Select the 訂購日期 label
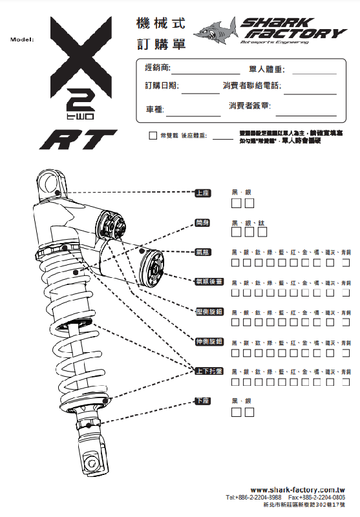(162, 85)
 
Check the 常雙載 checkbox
(153, 136)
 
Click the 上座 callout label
(202, 193)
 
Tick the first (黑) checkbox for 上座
(237, 204)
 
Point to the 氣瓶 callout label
(202, 252)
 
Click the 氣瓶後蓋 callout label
(209, 282)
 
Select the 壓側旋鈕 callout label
(209, 311)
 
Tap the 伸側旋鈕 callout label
(209, 341)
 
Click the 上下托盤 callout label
(209, 371)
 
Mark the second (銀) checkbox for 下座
(249, 412)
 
